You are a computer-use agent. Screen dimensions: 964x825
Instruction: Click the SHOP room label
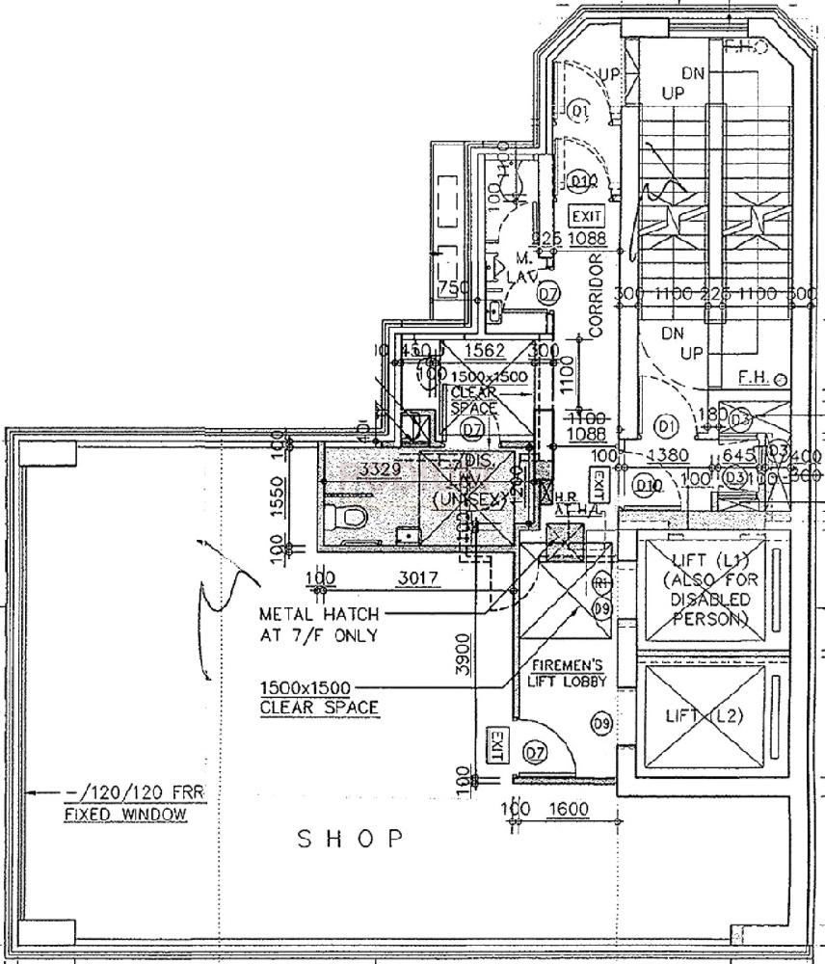click(350, 838)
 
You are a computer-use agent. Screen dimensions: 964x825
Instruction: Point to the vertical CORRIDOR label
click(595, 295)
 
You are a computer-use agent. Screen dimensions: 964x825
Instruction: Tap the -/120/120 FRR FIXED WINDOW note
click(127, 803)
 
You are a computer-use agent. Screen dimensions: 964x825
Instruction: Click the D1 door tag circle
click(666, 422)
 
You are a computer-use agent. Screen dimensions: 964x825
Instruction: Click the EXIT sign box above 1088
click(586, 216)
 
